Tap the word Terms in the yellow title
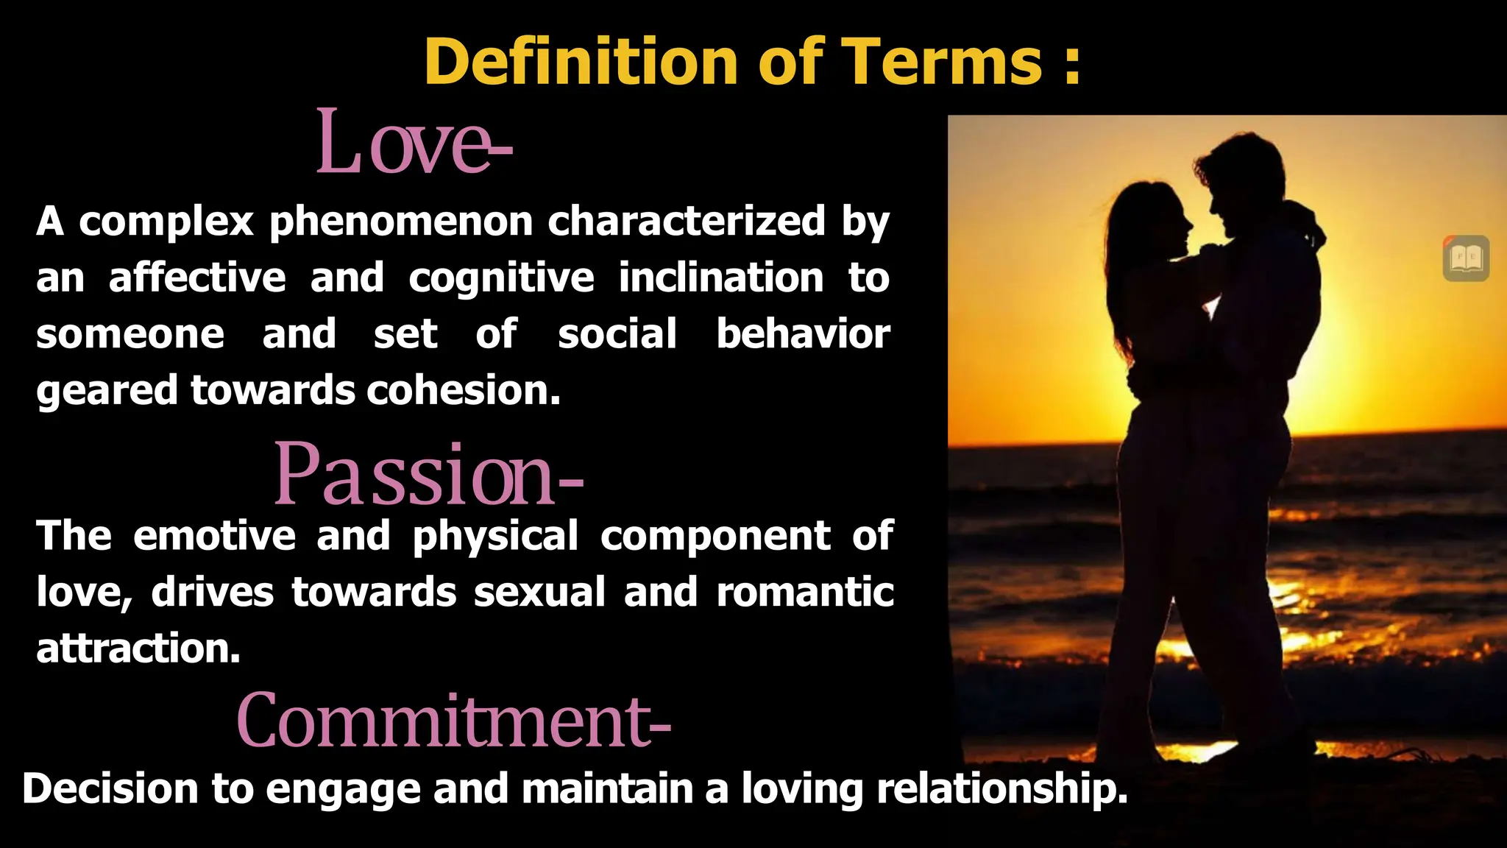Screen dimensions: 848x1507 click(941, 62)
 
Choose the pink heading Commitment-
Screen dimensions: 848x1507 click(453, 721)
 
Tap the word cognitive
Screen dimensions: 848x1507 click(501, 278)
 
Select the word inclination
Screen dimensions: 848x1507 click(720, 278)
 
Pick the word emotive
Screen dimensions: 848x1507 click(214, 535)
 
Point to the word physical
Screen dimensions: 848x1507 click(495, 535)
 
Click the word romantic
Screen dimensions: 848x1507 click(805, 592)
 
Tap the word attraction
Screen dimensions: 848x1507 click(138, 649)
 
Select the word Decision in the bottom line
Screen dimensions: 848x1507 click(110, 788)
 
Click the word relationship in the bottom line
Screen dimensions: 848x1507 click(1001, 788)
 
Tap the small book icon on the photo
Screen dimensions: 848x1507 click(1466, 258)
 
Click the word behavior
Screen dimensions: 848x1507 click(803, 333)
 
